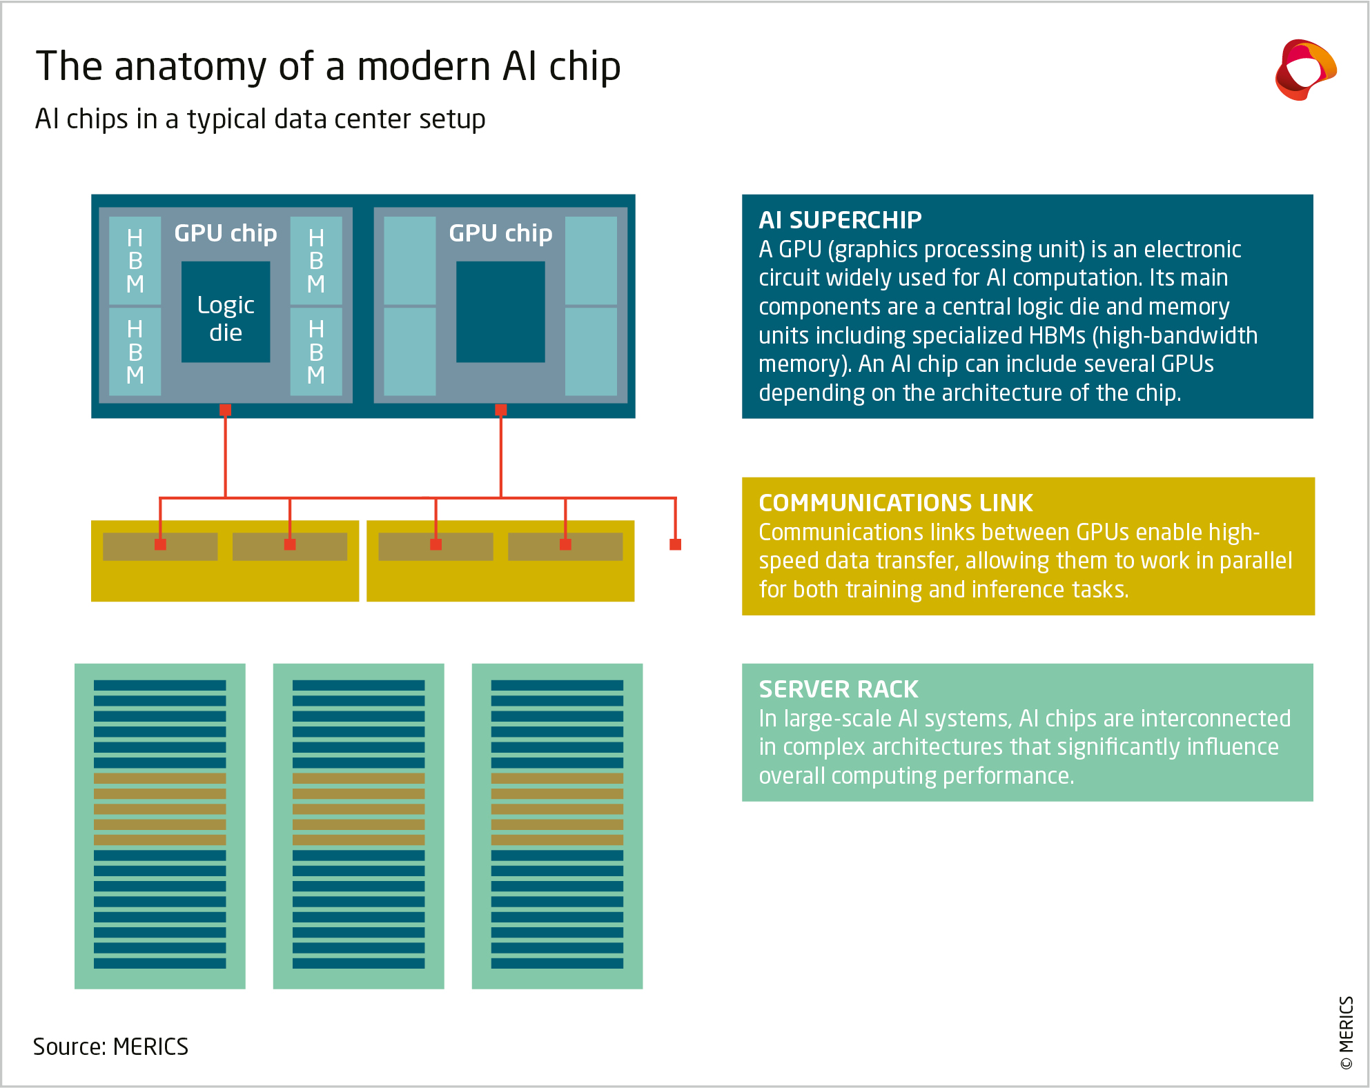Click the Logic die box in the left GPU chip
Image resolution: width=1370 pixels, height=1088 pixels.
point(226,312)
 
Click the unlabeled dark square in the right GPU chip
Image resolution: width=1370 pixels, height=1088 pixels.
point(500,312)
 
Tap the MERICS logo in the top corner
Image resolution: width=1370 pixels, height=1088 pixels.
point(1305,70)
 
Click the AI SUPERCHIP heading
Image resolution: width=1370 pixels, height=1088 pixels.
point(840,220)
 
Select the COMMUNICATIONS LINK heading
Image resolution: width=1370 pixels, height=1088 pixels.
point(895,503)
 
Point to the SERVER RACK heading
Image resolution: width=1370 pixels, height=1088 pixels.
point(839,689)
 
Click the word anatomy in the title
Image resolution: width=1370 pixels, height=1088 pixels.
point(190,67)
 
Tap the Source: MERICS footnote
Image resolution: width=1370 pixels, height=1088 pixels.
point(110,1047)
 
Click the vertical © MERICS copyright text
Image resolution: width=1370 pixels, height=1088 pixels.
point(1346,1033)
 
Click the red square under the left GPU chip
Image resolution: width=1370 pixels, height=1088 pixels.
point(226,410)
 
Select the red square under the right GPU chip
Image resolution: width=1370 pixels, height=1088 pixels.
point(501,410)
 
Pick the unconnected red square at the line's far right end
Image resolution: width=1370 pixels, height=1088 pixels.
point(676,544)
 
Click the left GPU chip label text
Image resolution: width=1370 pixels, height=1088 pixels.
point(226,233)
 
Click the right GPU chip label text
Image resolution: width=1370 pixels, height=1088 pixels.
point(500,233)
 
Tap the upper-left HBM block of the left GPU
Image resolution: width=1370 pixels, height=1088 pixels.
point(135,261)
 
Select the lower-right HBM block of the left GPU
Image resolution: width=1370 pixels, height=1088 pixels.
point(316,352)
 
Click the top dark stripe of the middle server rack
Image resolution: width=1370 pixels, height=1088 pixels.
point(358,685)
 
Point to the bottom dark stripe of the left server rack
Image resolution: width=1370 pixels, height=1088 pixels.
point(160,963)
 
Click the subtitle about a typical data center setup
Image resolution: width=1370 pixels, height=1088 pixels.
point(260,119)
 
